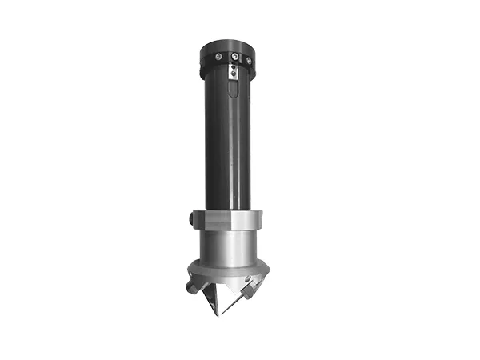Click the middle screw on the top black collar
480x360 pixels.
234,58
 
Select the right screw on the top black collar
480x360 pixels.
249,60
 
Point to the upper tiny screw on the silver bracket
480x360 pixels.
233,69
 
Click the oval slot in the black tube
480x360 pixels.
232,89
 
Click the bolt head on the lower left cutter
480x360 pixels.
194,284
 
